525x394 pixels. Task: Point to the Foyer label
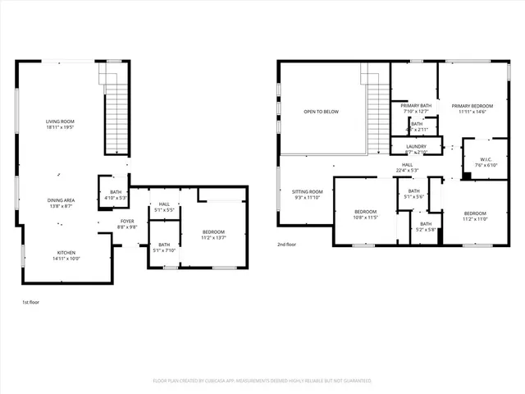[x=127, y=223]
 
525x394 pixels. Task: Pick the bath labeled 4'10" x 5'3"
[x=115, y=195]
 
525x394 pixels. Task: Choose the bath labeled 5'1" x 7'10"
[x=164, y=247]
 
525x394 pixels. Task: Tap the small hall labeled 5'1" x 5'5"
[x=164, y=208]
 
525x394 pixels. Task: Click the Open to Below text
[x=321, y=112]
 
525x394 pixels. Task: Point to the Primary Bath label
[x=416, y=108]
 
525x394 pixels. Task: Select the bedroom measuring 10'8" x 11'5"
[x=365, y=214]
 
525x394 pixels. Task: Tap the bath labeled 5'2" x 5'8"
[x=426, y=227]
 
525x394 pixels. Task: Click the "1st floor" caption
[x=30, y=303]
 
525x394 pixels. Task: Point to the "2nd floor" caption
[x=287, y=245]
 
